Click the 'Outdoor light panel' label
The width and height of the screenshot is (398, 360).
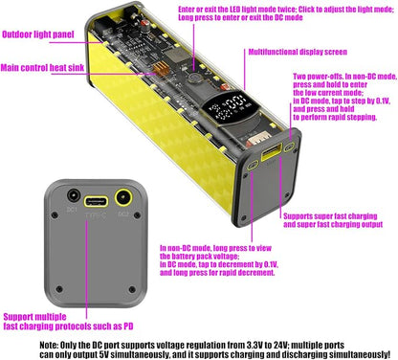[x=38, y=34]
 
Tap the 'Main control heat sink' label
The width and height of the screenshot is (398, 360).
[x=42, y=68]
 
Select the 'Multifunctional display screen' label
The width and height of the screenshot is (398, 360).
[x=298, y=52]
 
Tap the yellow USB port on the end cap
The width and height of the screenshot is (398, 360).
[x=272, y=152]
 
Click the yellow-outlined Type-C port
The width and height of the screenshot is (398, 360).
[x=96, y=202]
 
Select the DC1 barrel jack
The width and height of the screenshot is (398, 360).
[x=74, y=195]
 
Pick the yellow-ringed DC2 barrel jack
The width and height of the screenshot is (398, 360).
[x=123, y=198]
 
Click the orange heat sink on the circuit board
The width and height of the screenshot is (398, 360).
[x=161, y=69]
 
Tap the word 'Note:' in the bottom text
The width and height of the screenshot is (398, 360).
[x=49, y=345]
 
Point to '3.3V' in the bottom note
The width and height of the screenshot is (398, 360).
[x=254, y=345]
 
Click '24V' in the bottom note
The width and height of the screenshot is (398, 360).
[x=280, y=345]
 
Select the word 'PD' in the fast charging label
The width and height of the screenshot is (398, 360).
[x=128, y=326]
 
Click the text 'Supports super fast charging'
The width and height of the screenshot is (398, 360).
[x=330, y=216]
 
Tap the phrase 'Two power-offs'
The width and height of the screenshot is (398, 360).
[x=318, y=77]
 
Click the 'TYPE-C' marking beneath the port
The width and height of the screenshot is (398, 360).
[x=96, y=215]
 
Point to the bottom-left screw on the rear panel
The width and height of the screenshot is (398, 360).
[x=59, y=289]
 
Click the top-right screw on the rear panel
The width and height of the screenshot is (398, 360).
[x=138, y=215]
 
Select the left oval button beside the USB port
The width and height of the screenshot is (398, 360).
[x=253, y=165]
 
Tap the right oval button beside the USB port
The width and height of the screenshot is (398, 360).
[x=290, y=147]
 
